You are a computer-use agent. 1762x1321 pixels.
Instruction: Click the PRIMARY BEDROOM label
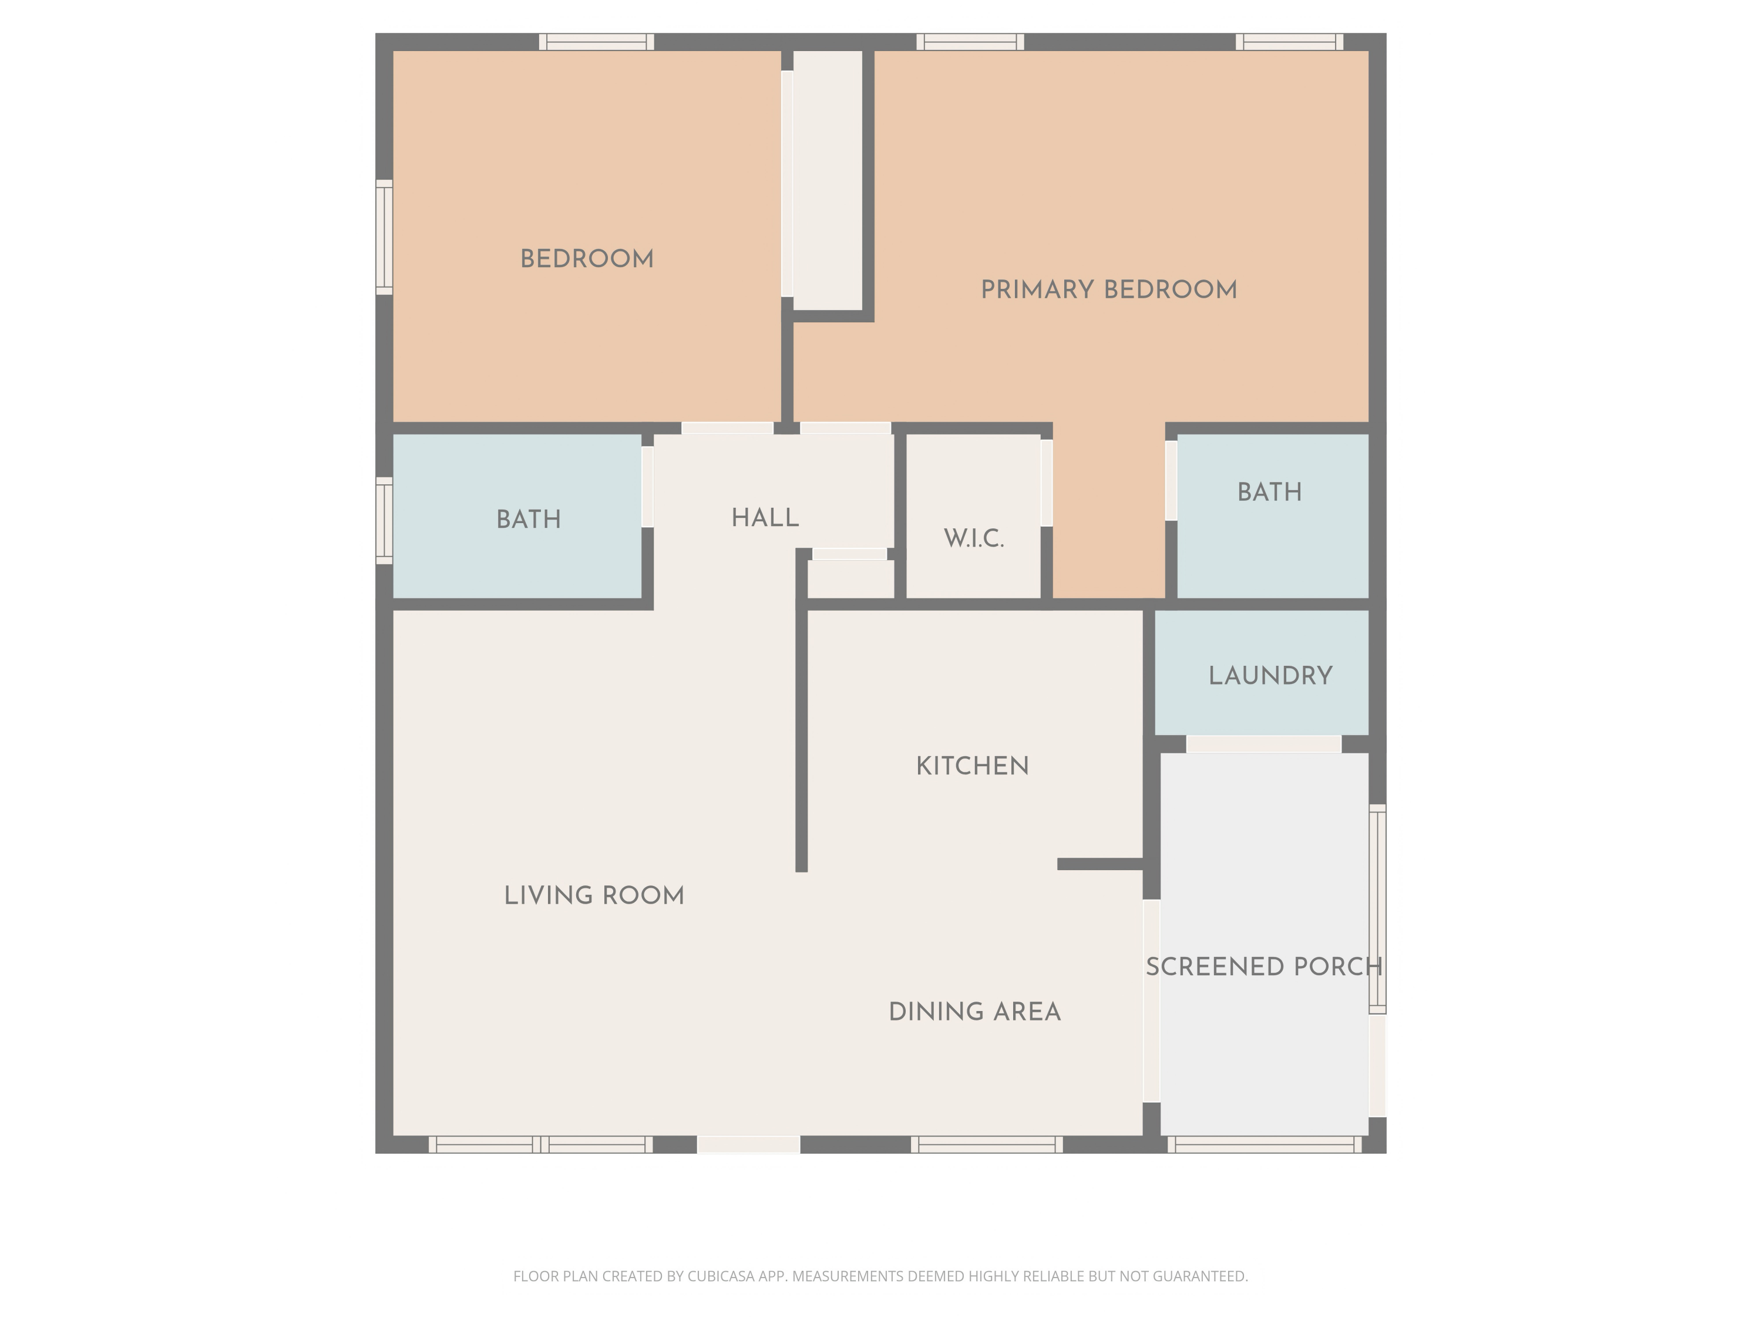pos(1108,290)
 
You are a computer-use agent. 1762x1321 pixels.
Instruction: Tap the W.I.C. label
pos(973,538)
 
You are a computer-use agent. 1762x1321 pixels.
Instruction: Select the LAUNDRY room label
pos(1270,676)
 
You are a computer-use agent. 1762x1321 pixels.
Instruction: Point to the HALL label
pos(765,518)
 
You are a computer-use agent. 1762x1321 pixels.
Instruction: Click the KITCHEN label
pos(972,766)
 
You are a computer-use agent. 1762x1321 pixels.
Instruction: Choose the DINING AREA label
pos(974,1012)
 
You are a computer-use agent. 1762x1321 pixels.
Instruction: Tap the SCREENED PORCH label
pos(1263,966)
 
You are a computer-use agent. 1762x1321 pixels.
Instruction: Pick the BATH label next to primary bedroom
pos(1270,492)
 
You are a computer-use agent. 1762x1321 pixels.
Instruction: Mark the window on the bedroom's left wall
pos(384,237)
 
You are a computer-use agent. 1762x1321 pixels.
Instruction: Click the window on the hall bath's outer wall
pos(384,521)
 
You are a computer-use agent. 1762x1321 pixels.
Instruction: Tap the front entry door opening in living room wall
pos(748,1145)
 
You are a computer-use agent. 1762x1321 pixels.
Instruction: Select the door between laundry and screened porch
pos(1263,744)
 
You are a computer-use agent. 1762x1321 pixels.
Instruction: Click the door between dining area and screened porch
pos(1151,1001)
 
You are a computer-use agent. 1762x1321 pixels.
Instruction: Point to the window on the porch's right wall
pos(1377,908)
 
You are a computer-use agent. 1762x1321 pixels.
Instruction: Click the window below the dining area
pos(986,1145)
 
